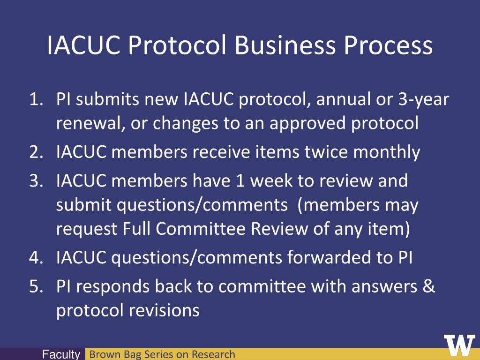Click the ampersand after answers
point(428,286)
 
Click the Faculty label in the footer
point(61,355)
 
